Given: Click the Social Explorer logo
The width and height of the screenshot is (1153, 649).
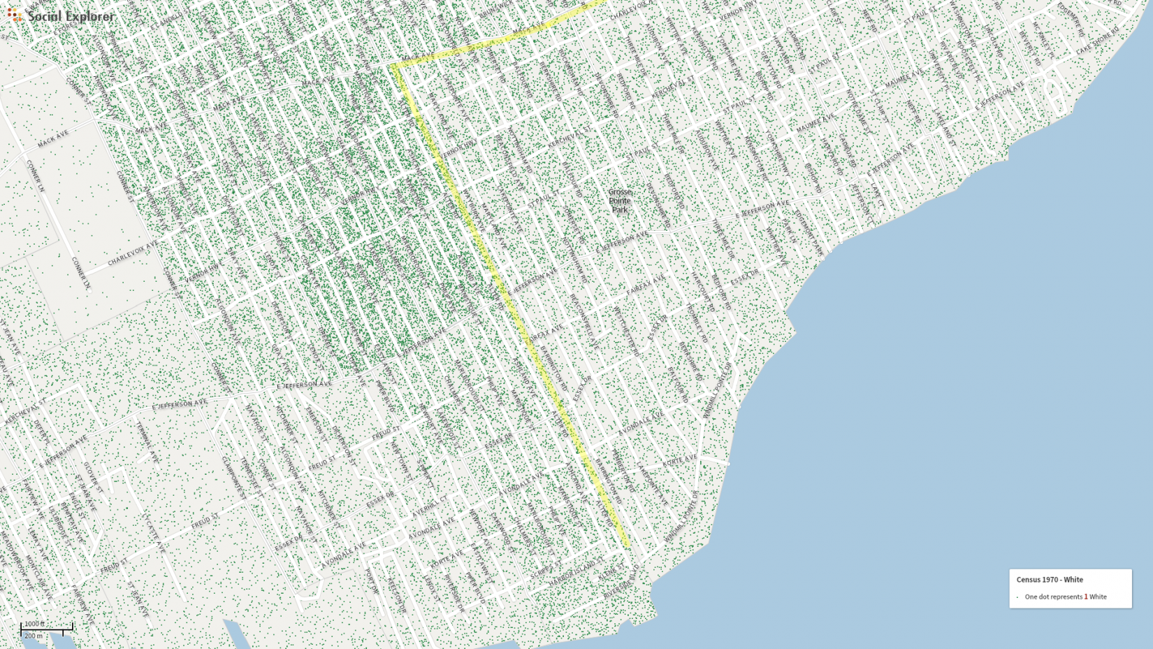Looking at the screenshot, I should (61, 15).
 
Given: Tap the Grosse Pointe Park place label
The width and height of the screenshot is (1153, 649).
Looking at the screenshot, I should (619, 201).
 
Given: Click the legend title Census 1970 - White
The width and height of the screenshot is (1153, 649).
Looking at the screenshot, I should (1049, 580).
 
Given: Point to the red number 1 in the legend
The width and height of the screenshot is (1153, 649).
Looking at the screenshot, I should (1085, 597).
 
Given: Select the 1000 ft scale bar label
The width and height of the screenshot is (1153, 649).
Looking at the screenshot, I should (34, 624).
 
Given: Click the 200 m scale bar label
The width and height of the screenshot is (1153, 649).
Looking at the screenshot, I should (33, 636).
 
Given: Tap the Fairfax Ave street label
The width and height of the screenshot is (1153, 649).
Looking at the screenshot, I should (645, 284).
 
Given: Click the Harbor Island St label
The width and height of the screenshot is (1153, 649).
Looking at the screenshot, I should (576, 573).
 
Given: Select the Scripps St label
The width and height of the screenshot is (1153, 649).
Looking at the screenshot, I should (546, 568).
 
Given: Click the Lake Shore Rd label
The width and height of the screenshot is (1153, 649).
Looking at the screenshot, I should (1097, 41).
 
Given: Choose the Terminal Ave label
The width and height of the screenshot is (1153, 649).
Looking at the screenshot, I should (148, 441).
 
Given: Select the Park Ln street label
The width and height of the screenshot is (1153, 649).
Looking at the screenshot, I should (789, 231).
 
